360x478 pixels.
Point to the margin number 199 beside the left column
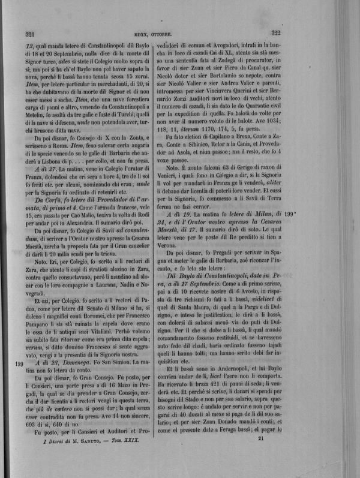point(18,380)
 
